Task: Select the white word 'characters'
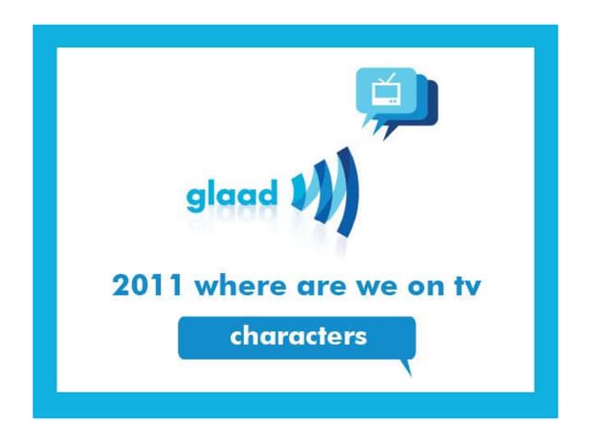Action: tap(297, 336)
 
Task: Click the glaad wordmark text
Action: tap(231, 197)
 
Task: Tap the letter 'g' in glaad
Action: tap(196, 199)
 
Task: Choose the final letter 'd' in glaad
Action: tap(267, 195)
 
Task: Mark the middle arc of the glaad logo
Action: tap(322, 190)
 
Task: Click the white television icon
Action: tap(383, 90)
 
